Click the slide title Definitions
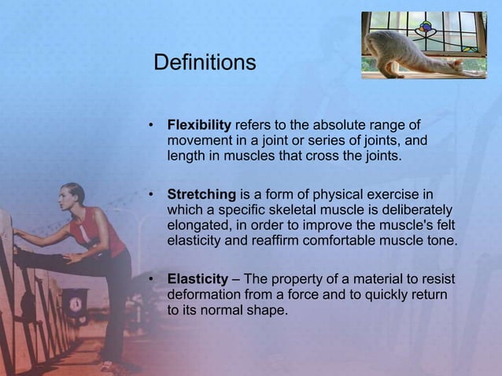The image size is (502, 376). [x=204, y=62]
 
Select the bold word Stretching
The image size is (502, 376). [x=201, y=194]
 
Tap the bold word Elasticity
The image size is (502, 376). [x=196, y=280]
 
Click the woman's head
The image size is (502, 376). [x=72, y=196]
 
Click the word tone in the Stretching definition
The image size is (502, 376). [x=440, y=240]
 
